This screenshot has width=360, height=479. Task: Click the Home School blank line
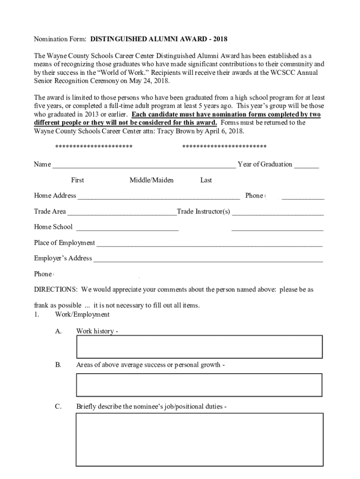pyautogui.click(x=127, y=228)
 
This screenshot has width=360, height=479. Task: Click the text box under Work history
pyautogui.click(x=199, y=347)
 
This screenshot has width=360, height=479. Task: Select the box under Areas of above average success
pyautogui.click(x=199, y=385)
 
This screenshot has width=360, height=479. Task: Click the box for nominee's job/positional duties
pyautogui.click(x=199, y=439)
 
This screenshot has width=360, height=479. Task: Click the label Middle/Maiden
pyautogui.click(x=151, y=180)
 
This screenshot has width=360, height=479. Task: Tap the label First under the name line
pyautogui.click(x=78, y=180)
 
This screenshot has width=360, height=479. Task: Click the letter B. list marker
pyautogui.click(x=58, y=364)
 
